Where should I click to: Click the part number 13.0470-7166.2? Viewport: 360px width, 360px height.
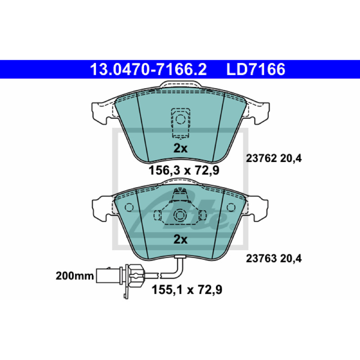(148, 69)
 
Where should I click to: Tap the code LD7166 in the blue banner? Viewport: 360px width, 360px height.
(256, 69)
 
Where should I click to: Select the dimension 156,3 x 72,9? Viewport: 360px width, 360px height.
(184, 171)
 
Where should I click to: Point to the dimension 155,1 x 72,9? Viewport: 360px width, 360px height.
(187, 290)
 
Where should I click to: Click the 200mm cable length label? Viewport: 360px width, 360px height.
(75, 276)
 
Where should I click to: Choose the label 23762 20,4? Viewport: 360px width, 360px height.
(274, 158)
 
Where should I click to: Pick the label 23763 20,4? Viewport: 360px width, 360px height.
(274, 259)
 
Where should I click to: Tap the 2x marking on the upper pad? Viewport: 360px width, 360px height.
(180, 148)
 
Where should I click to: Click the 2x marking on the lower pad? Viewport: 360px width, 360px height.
(180, 239)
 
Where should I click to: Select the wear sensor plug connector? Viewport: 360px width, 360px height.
(119, 275)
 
